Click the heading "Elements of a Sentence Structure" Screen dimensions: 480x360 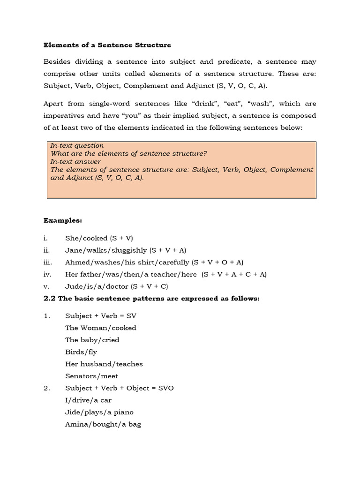point(107,45)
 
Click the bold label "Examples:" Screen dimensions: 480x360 point(62,220)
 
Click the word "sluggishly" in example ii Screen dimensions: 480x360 point(128,250)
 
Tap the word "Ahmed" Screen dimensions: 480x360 point(76,262)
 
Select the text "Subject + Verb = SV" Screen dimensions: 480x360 point(101,316)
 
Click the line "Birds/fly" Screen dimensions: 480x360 point(81,352)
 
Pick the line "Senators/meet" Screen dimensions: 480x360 point(91,376)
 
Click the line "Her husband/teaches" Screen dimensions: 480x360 point(104,364)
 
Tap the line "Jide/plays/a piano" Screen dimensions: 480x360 point(99,412)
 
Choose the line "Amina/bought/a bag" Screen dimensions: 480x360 point(103,424)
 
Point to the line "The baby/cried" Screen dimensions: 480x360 point(92,340)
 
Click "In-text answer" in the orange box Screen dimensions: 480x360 point(75,162)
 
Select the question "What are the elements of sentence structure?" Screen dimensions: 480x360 point(128,154)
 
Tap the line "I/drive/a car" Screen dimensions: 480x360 point(88,400)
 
